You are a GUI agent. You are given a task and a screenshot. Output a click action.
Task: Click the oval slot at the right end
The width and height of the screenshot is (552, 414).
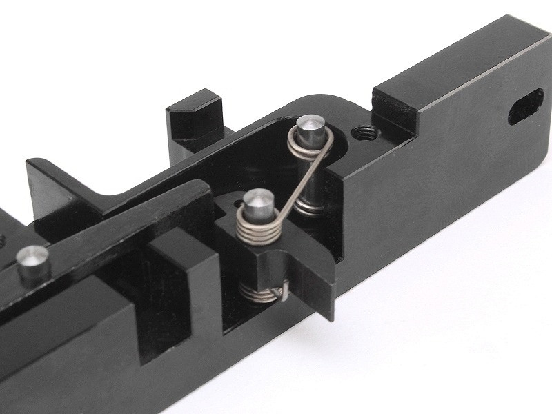tap(526, 106)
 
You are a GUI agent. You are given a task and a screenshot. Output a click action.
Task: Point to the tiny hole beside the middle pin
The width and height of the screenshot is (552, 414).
tap(238, 203)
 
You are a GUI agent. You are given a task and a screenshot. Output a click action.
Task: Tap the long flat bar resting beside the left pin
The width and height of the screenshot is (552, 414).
tap(103, 235)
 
